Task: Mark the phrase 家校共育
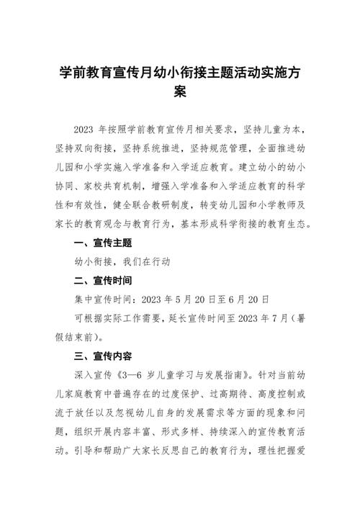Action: pyautogui.click(x=116, y=186)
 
